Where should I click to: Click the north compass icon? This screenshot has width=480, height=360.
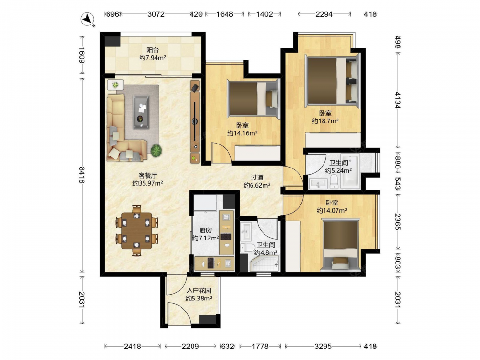87,19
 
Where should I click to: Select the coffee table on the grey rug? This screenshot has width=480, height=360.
141,112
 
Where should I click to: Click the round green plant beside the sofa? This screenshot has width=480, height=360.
156,150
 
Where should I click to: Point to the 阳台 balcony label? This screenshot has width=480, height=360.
153,50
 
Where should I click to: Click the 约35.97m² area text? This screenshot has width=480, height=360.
147,183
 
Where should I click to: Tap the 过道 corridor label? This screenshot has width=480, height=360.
257,178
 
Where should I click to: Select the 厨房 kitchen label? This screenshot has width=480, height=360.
205,230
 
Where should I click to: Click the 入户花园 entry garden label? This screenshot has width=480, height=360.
199,290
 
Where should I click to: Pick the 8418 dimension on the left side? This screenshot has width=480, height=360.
82,175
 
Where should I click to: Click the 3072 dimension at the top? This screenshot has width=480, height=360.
156,14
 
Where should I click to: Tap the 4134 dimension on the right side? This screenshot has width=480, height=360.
397,100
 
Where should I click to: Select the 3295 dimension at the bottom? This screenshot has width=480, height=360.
323,346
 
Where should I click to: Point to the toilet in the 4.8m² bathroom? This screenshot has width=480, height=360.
248,247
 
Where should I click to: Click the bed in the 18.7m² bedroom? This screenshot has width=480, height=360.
332,81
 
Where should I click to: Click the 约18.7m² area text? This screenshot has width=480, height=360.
325,121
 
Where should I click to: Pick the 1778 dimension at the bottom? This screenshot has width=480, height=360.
260,346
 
